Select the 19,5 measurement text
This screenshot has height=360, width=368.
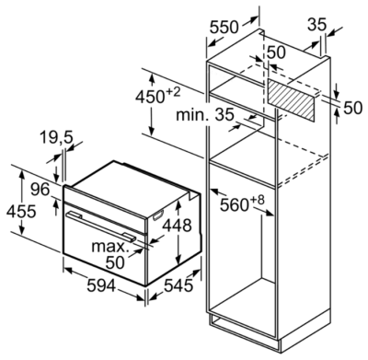coord(56,138)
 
